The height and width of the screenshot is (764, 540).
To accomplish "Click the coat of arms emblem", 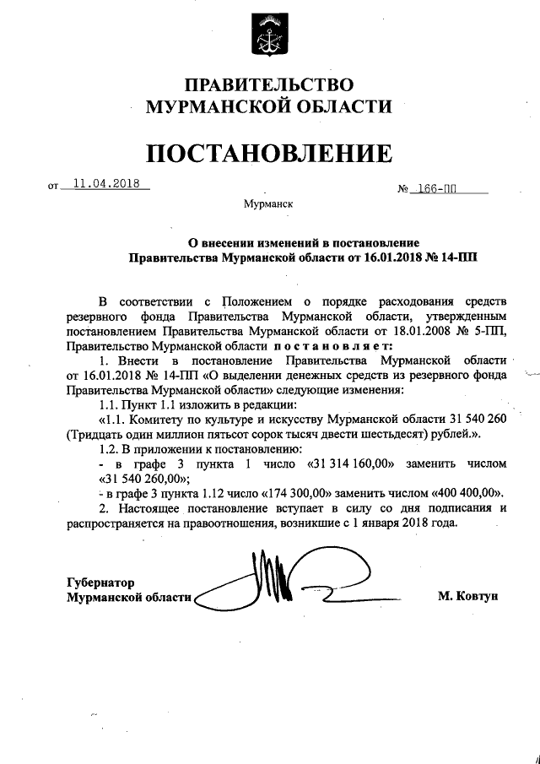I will (x=269, y=36).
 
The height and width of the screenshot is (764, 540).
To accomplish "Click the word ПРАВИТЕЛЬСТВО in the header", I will (x=268, y=84).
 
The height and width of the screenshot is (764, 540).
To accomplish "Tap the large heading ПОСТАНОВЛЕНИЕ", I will (x=269, y=154).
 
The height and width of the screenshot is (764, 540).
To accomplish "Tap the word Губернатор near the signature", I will (x=100, y=582).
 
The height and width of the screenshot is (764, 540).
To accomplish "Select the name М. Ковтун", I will (x=468, y=596).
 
